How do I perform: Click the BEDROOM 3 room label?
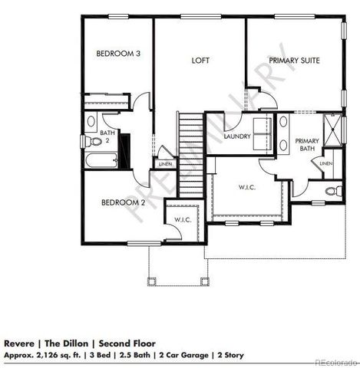point(117,54)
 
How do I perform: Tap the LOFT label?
point(201,60)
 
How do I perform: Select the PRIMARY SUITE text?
point(293,60)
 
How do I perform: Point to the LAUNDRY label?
point(239,138)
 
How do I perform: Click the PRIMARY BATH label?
point(307,145)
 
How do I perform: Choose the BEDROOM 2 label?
point(124,203)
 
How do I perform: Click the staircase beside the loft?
point(191,153)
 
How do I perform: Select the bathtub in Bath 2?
point(101,161)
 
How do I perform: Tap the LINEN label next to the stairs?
point(164,164)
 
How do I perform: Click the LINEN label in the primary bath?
point(325,164)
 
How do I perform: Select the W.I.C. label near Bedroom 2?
point(182,220)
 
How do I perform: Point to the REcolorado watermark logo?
point(331,361)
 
